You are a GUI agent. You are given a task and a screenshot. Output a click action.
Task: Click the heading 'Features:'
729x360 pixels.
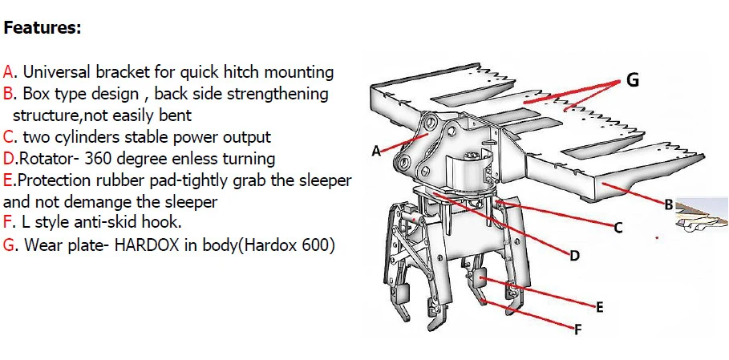(43, 28)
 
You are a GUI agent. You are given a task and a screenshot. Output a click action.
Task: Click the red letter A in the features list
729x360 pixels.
(8, 72)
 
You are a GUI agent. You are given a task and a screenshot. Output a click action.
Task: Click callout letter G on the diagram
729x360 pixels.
(632, 81)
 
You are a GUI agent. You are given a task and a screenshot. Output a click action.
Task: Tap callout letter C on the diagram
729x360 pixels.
(618, 228)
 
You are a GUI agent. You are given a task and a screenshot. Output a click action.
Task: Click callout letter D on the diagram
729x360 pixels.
(573, 256)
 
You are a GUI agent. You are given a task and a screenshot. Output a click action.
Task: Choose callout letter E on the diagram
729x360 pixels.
(599, 307)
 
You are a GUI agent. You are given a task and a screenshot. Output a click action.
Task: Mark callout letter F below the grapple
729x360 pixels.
(576, 329)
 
